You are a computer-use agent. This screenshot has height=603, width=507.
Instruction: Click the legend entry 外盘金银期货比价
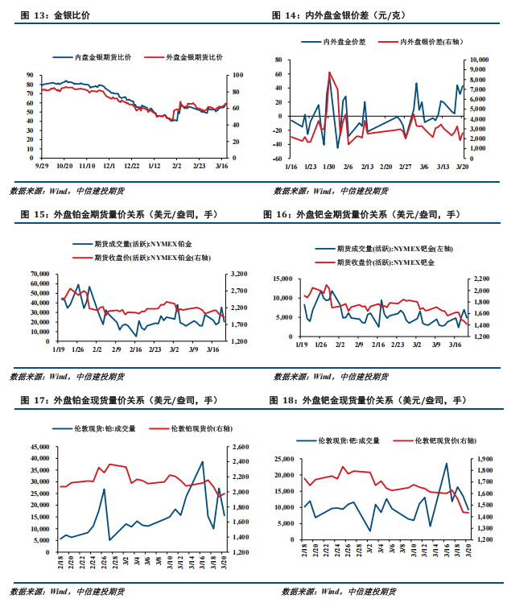click(194, 56)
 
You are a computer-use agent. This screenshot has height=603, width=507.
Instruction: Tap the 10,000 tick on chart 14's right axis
click(479, 60)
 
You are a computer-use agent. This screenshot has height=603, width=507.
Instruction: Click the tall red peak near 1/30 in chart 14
click(329, 72)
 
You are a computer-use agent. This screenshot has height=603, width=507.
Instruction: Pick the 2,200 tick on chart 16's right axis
click(481, 279)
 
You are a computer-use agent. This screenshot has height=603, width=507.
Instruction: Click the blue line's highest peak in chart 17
click(202, 462)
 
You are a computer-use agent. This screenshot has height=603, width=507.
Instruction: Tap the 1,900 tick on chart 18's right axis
click(481, 459)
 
